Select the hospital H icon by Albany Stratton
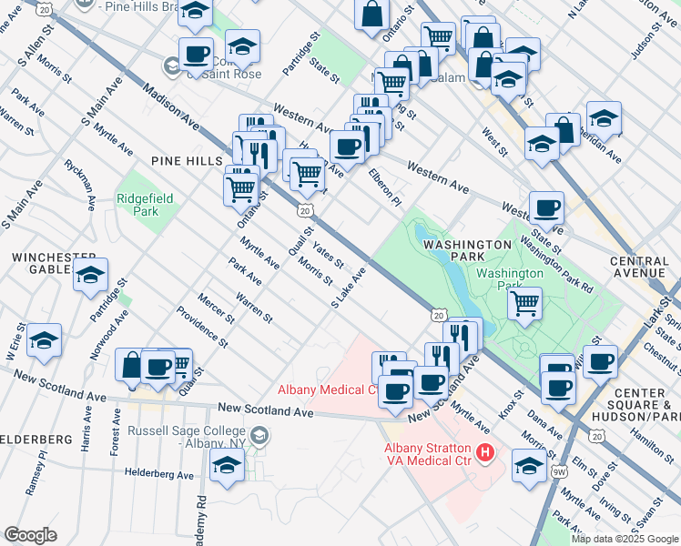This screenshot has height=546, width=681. [x=485, y=450]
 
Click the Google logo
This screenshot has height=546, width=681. [x=31, y=535]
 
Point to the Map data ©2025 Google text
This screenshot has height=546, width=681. [x=624, y=539]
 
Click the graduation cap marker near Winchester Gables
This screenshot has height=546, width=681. [x=90, y=275]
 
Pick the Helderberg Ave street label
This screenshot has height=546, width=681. [x=160, y=474]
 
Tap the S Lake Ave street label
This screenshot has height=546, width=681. [x=349, y=288]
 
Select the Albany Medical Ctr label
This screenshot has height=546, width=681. [x=328, y=390]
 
